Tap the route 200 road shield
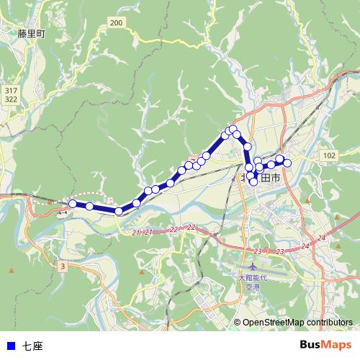[117, 24]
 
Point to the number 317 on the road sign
[10, 90]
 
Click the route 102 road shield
[330, 156]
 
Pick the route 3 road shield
[63, 266]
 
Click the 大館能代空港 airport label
[251, 280]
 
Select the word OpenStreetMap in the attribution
[274, 323]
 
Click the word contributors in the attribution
[330, 323]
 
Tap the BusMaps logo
[325, 346]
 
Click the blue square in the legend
[9, 346]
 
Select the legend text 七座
[32, 346]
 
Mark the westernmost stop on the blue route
[73, 204]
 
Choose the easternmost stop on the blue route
[287, 163]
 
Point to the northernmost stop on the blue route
[233, 129]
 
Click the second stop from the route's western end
[89, 207]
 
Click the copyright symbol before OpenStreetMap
[237, 323]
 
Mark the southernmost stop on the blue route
[119, 211]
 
